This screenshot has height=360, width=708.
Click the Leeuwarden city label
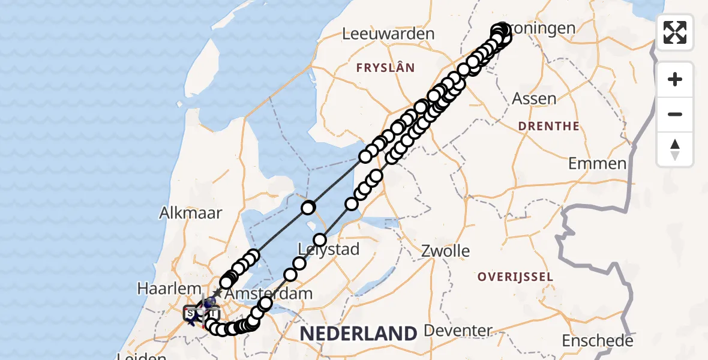point(388,34)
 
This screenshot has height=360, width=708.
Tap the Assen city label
point(533,98)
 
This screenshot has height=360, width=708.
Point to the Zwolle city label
point(446,250)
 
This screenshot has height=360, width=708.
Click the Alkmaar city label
point(191,212)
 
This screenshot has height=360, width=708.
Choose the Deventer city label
point(458,331)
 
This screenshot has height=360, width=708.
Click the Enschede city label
point(597,341)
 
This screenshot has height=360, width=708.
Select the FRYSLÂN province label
point(385,68)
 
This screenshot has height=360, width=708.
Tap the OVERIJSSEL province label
point(514,277)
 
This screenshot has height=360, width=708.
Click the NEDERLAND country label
point(358,333)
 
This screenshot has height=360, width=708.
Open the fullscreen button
point(675,32)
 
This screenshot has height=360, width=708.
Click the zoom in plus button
point(675,80)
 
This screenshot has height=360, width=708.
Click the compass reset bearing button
point(675,149)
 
